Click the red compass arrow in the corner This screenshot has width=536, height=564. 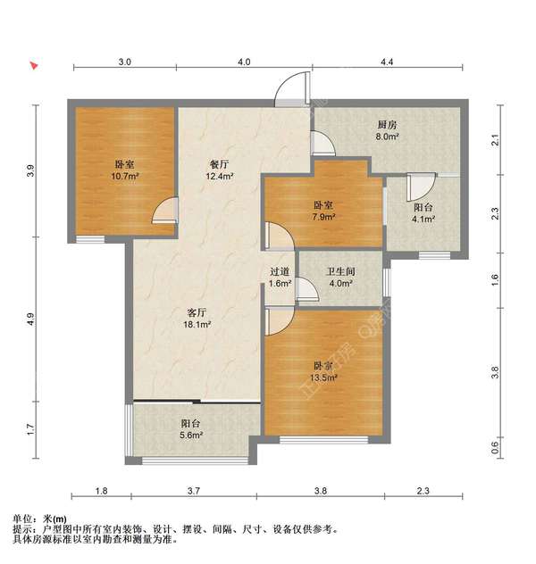(x=34, y=66)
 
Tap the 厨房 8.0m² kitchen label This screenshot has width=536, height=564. (x=387, y=131)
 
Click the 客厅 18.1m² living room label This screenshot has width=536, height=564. (x=197, y=319)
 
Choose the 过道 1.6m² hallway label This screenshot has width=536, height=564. (x=280, y=278)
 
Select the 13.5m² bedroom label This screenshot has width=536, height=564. (x=323, y=371)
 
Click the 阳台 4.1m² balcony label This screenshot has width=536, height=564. (x=422, y=211)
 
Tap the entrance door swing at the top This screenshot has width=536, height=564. (x=291, y=90)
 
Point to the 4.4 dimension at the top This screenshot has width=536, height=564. (x=387, y=62)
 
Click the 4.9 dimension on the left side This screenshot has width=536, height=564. (x=29, y=319)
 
